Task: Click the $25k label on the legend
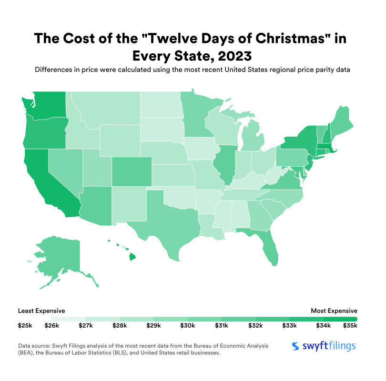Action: coord(25,326)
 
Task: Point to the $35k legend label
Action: coord(350,326)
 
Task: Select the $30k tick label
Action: coord(187,326)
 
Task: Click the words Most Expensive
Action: coord(334,311)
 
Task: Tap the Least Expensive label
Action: coord(41,311)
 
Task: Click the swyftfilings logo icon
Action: coord(296,346)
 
